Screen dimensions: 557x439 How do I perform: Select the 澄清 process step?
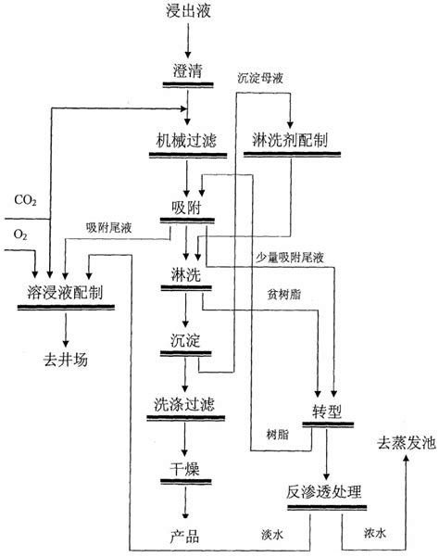186,71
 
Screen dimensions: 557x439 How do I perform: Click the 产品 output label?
186,536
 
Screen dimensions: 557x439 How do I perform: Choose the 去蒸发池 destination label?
405,443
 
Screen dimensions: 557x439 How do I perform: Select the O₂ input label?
19,235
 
